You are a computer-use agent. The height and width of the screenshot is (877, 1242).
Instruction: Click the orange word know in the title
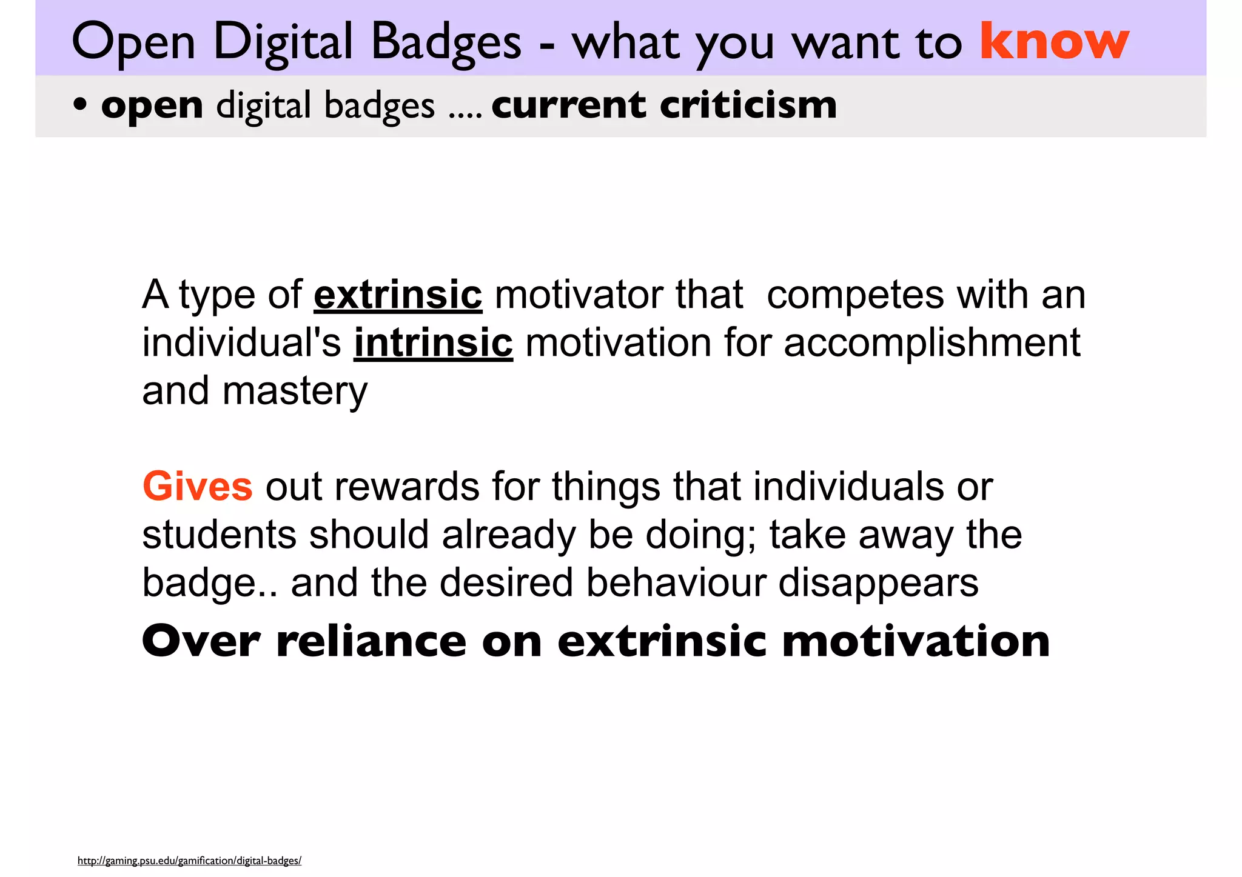click(1054, 41)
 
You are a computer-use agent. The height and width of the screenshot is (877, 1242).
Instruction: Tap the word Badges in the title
click(446, 42)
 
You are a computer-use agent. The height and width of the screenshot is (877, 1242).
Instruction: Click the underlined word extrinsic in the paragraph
click(398, 295)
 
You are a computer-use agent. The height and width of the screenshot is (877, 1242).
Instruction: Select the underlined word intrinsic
click(433, 343)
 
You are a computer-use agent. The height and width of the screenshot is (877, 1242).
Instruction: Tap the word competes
click(855, 296)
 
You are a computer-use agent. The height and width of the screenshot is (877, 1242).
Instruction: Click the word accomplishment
click(931, 343)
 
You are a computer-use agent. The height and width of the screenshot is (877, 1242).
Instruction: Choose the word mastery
click(295, 392)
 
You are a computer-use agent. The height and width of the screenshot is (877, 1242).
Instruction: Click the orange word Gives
click(197, 487)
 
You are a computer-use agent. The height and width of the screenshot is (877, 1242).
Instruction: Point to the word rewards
click(406, 487)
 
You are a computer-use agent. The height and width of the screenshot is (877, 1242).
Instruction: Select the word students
click(219, 535)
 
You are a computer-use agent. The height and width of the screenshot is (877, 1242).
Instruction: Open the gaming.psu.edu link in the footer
click(189, 861)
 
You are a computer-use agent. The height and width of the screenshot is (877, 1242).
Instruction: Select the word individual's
click(241, 343)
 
